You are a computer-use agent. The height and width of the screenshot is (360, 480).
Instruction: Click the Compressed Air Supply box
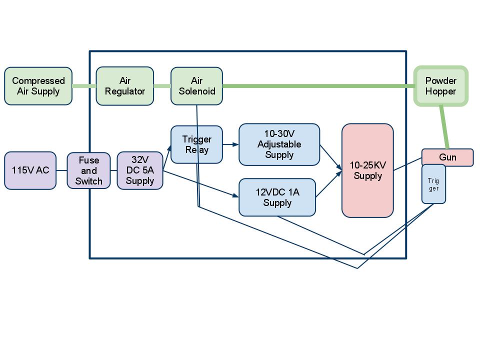click(x=38, y=86)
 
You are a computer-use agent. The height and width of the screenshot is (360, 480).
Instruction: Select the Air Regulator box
click(x=124, y=86)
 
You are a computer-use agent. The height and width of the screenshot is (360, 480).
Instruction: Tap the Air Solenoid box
click(x=196, y=86)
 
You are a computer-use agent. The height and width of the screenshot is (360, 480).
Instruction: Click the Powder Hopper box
click(x=440, y=86)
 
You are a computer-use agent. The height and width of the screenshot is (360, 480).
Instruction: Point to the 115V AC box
click(x=30, y=170)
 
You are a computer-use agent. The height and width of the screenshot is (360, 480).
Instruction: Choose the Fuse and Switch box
click(x=88, y=171)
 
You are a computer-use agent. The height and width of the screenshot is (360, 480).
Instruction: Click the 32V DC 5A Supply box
click(x=140, y=171)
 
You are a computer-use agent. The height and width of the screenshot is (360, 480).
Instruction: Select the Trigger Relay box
click(x=196, y=144)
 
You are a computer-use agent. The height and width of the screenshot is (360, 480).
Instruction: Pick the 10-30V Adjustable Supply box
click(x=279, y=144)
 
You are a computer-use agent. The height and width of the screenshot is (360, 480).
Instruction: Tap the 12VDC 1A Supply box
click(x=277, y=197)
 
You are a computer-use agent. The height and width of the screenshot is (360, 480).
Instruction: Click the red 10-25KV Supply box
click(x=367, y=170)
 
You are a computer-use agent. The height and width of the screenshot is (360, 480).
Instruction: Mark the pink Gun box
click(x=447, y=157)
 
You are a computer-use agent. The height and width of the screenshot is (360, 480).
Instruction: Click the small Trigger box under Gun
click(x=433, y=184)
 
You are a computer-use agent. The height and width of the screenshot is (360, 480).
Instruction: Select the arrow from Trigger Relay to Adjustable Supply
click(x=230, y=145)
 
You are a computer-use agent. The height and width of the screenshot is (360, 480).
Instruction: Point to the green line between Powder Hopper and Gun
click(x=444, y=127)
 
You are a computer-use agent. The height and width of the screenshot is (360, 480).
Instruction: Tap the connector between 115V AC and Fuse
click(x=61, y=170)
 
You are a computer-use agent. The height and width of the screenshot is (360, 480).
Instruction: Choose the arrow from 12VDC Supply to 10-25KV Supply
click(x=328, y=185)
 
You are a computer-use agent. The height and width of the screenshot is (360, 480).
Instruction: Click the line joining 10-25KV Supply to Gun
click(x=407, y=164)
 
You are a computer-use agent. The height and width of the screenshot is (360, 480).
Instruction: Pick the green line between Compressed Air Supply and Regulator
click(x=84, y=86)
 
